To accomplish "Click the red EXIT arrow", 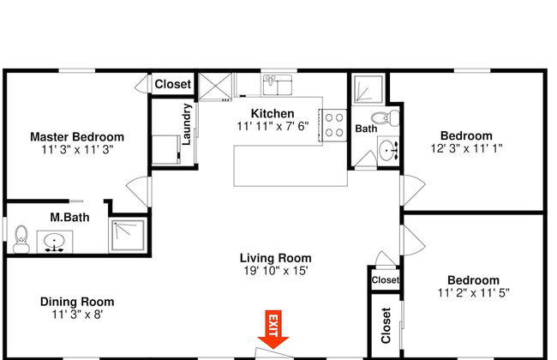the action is click(x=273, y=329).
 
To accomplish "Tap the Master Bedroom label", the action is click(x=77, y=137).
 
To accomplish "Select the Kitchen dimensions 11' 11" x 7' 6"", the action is click(x=273, y=126).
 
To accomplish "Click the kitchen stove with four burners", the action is click(x=334, y=125).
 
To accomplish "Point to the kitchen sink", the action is click(x=277, y=85).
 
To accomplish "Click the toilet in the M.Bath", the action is click(x=21, y=239).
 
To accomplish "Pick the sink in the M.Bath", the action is click(x=54, y=242).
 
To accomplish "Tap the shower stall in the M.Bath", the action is click(x=128, y=235).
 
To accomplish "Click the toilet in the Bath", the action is click(x=386, y=118).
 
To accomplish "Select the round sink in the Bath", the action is click(x=388, y=151).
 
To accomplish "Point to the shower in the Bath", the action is click(x=368, y=88).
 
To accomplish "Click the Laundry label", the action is click(x=187, y=124).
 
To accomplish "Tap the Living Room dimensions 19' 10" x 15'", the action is click(x=276, y=271).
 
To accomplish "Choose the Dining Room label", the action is click(x=77, y=302).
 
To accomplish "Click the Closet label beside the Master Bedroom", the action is click(x=173, y=84).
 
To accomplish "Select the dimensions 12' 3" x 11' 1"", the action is click(x=466, y=148).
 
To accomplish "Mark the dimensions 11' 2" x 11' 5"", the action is click(x=474, y=293).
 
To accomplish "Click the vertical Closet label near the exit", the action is click(x=386, y=326).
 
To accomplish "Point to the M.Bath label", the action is click(x=69, y=217).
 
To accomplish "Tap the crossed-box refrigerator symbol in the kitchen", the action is click(x=215, y=87).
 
